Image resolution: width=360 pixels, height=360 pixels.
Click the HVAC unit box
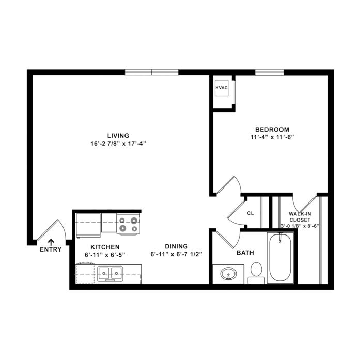pos(222,88)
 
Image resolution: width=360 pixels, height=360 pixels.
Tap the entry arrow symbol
pos(51,242)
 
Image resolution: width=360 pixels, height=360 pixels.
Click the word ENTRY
pos(51,249)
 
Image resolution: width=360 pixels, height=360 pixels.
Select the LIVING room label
pos(118,135)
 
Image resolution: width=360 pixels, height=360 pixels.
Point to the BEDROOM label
pos(272,129)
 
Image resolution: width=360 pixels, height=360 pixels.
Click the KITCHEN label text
pos(105,247)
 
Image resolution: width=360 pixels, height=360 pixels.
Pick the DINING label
pos(176,246)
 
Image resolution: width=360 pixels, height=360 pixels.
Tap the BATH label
pos(245,253)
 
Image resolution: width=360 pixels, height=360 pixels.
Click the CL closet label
pos(251,213)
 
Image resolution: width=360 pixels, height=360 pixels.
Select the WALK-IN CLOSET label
pos(300,217)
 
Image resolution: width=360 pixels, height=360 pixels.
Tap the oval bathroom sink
pos(228,274)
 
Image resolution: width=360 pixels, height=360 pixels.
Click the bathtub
pos(280,258)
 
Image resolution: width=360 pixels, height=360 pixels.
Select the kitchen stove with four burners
pos(128,224)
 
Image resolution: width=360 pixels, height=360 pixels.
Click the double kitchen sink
pos(110,273)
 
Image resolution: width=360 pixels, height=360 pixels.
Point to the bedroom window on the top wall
pos(269,72)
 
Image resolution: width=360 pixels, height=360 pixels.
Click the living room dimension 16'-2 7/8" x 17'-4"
pos(118,144)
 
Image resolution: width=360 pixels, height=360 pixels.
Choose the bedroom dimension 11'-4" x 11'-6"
pos(272,137)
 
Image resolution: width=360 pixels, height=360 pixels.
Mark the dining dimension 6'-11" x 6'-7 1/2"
pos(176,254)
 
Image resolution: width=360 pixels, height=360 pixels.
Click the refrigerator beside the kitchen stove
pos(88,226)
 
